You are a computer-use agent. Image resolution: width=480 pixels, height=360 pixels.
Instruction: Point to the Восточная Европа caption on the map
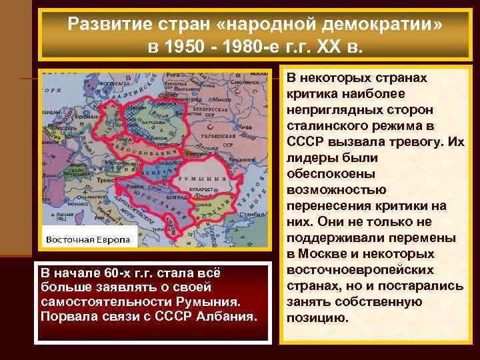click(x=88, y=239)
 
